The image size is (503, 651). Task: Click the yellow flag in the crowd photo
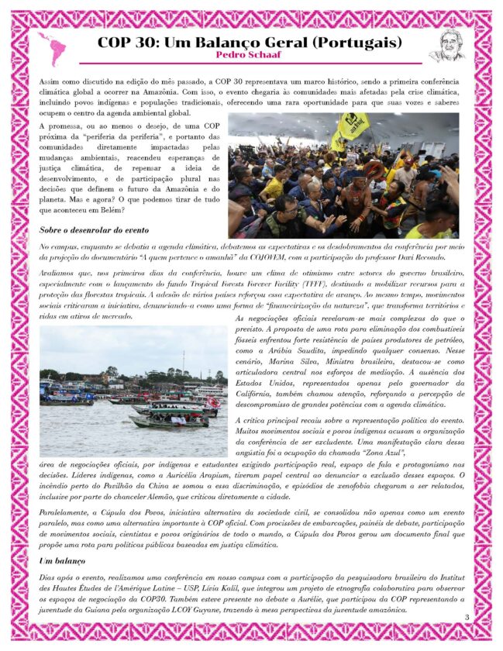point(352,126)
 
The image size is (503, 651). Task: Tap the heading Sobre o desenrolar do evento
point(94,229)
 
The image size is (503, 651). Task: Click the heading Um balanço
point(62,560)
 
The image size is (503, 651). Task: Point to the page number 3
point(467,617)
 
